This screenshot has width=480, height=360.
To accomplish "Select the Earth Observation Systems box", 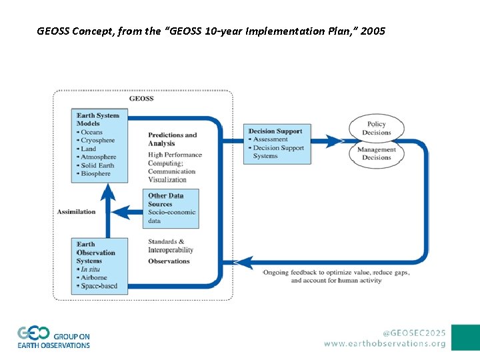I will [x=99, y=265].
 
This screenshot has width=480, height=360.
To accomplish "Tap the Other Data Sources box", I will [x=171, y=208].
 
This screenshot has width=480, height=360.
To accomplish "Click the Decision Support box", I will [x=276, y=144].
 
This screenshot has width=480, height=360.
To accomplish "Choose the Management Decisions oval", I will [x=377, y=154].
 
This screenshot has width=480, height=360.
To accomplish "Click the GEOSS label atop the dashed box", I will [x=141, y=99].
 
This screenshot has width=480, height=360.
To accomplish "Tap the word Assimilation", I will [x=76, y=212].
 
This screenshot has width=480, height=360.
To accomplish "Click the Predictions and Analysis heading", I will [x=172, y=139].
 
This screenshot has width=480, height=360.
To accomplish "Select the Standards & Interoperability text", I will [x=171, y=246].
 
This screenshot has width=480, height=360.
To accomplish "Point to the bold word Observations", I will [x=169, y=261].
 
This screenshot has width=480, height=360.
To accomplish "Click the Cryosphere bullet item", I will [x=97, y=141].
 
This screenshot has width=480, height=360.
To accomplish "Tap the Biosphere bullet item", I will [x=95, y=174].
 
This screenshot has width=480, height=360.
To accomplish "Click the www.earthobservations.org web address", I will [x=385, y=343].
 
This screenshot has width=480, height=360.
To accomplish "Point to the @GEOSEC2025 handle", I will [x=414, y=331].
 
